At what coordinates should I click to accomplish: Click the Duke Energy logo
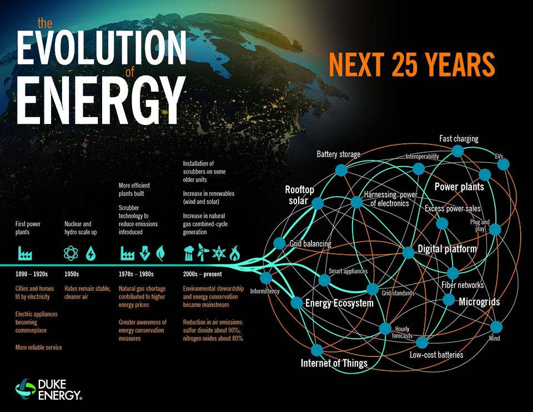(x=50, y=389)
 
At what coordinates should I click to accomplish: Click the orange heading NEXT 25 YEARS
(x=411, y=65)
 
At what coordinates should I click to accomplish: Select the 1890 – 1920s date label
(x=32, y=274)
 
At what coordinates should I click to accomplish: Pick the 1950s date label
(x=72, y=274)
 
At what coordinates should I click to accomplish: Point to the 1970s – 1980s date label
(x=136, y=274)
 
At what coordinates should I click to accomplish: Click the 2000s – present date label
(x=202, y=274)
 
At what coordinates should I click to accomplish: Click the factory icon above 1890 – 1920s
(x=25, y=254)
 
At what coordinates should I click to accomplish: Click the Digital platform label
(x=447, y=249)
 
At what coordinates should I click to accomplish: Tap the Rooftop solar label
(x=300, y=195)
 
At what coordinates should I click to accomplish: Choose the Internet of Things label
(x=334, y=363)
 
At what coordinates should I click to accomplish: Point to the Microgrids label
(x=479, y=302)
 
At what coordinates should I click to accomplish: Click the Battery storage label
(x=338, y=154)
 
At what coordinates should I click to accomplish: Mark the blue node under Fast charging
(x=457, y=151)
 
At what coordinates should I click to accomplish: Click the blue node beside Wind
(x=496, y=326)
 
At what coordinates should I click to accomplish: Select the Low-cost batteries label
(x=436, y=354)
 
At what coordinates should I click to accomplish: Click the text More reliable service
(x=38, y=347)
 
